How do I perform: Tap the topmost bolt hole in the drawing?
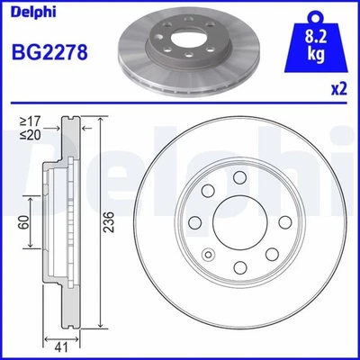coord(238,180)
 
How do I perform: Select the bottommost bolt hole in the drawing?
coord(238,267)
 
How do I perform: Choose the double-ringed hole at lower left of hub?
coord(208,255)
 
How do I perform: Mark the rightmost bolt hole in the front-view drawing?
coord(282,223)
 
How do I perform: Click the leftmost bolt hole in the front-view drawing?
coord(195,223)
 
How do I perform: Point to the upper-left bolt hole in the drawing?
coord(208,193)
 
